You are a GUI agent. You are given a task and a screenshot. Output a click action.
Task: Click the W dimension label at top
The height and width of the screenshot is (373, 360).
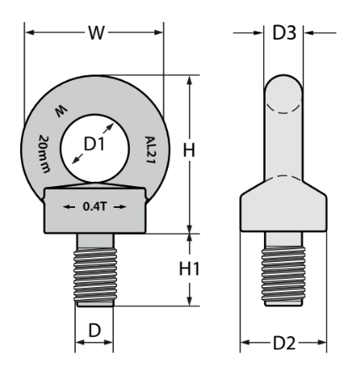point(97,33)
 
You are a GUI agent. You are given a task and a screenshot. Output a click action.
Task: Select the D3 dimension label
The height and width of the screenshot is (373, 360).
point(284,33)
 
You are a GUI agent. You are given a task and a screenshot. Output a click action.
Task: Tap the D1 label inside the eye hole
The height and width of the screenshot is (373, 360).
point(94,144)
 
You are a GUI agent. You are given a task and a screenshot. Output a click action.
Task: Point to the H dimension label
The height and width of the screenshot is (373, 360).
point(189,150)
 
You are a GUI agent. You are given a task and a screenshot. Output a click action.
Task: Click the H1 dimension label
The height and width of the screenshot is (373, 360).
point(190,269)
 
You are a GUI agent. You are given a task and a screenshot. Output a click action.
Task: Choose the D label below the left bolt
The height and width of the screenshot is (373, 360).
point(94,330)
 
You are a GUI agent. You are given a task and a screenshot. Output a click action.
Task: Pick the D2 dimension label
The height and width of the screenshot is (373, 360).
point(285,343)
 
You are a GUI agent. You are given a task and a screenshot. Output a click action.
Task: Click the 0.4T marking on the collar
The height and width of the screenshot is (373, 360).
point(94,206)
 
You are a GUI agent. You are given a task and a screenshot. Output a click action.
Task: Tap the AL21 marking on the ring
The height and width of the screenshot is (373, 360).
point(150,150)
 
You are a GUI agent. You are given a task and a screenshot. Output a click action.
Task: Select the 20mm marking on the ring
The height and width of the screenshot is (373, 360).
point(45,154)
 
